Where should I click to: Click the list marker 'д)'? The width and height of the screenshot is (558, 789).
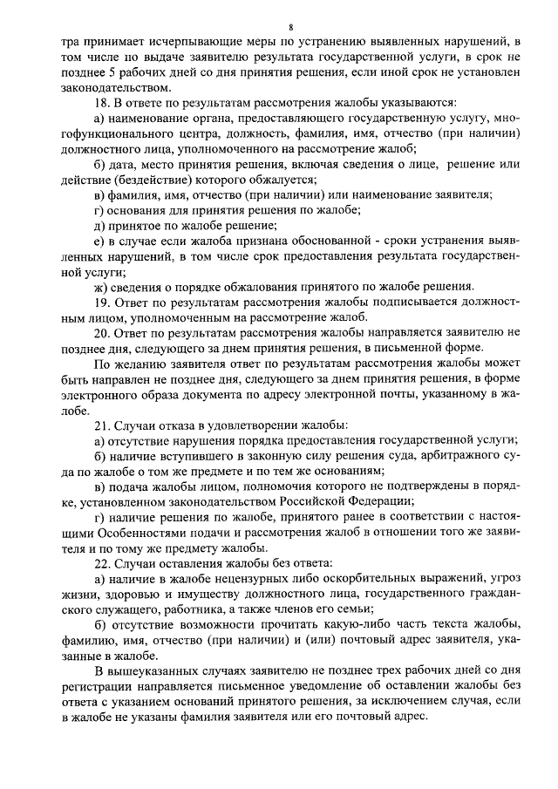[x=100, y=225]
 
